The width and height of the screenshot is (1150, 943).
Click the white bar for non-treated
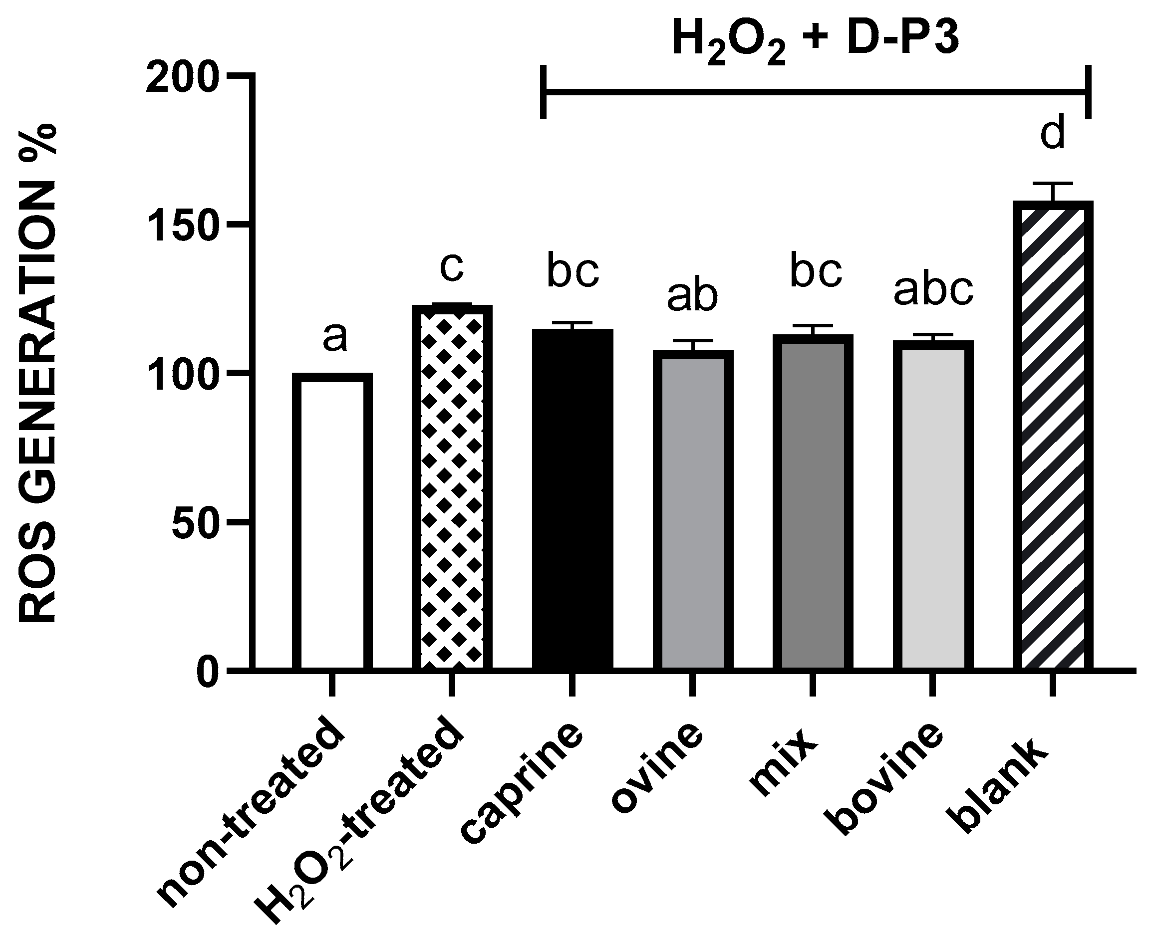(332, 521)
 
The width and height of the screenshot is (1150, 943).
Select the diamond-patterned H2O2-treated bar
(452, 489)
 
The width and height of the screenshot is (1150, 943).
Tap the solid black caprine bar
(573, 500)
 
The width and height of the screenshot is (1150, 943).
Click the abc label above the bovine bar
(933, 289)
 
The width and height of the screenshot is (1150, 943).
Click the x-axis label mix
(783, 766)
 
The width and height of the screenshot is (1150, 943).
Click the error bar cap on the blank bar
(1053, 184)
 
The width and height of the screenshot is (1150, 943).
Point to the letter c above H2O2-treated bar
(452, 267)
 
